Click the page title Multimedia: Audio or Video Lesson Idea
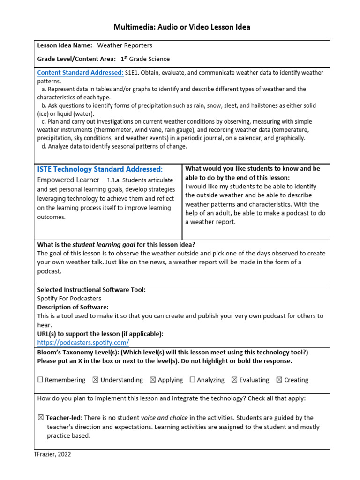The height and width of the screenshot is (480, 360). pos(182,27)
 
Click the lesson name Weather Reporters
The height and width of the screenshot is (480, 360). pos(125,45)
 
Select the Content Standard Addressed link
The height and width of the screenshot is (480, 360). pos(80,73)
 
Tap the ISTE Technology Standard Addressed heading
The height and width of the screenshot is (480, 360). pos(100,169)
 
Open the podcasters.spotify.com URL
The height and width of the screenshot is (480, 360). pos(83,343)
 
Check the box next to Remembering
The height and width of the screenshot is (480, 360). pos(40,380)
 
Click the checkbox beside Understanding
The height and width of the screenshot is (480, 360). pos(96,380)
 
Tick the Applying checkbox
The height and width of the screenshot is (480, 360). pos(153,380)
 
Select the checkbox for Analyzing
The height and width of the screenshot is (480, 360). pos(192,380)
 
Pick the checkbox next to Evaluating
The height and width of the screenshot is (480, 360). pos(234,380)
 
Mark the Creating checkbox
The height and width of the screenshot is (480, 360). pos(279,380)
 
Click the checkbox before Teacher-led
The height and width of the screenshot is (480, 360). pos(40,418)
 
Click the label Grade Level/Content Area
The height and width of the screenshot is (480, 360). pos(76,59)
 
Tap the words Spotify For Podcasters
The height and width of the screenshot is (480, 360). pos(69,298)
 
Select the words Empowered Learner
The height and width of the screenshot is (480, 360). pos(68,180)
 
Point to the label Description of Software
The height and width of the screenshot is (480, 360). pos(73,307)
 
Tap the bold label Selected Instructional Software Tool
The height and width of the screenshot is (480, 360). pos(91,290)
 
